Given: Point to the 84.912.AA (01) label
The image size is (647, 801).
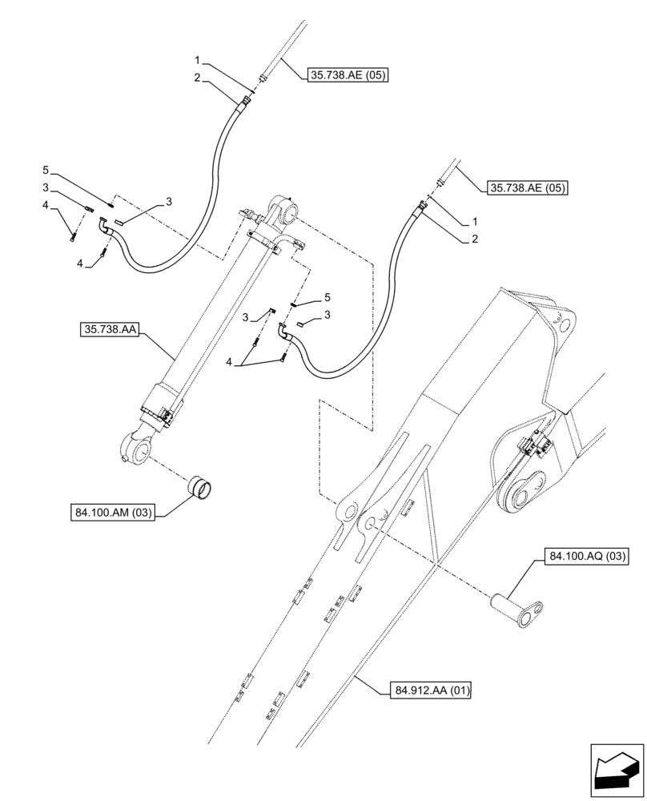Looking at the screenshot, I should click(433, 689).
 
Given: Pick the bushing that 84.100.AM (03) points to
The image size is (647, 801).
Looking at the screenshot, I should click(200, 485).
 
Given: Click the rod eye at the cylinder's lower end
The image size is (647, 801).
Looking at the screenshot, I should click(137, 446).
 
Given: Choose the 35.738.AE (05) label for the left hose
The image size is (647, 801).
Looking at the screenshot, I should click(347, 75).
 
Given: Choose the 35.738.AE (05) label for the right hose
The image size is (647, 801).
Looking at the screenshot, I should click(528, 189).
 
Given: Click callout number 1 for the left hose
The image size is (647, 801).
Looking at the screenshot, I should click(196, 61).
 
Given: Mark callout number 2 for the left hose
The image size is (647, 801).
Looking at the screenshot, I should click(196, 77).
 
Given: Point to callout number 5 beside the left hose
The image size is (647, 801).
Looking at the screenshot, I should click(46, 170).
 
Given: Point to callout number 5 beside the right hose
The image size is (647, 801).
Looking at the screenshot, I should click(327, 297).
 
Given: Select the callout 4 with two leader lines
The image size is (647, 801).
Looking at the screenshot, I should click(230, 362).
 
